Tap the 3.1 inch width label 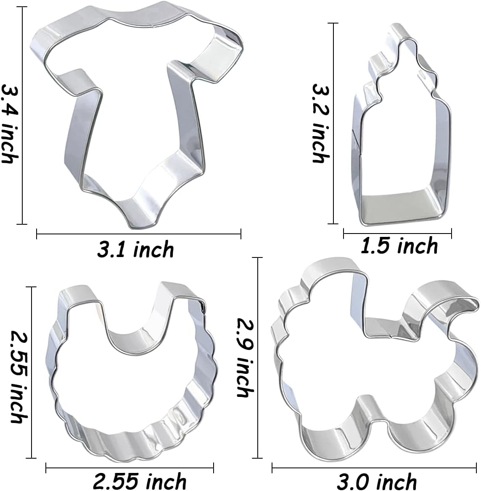pyautogui.click(x=135, y=250)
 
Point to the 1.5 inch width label pyautogui.click(x=399, y=245)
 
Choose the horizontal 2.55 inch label pyautogui.click(x=139, y=481)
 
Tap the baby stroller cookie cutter pyautogui.click(x=374, y=361)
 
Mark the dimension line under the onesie pyautogui.click(x=139, y=234)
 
